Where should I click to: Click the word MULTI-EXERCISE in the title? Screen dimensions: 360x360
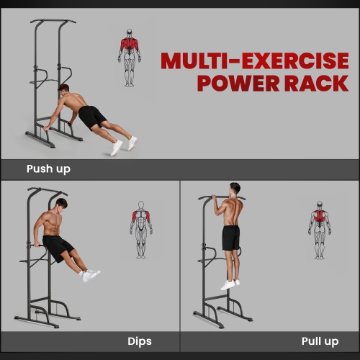[254, 60]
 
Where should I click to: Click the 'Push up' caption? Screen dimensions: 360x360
[48, 169]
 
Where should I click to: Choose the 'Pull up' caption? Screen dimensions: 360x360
[320, 341]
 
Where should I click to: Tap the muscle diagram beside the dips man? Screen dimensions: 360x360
[141, 229]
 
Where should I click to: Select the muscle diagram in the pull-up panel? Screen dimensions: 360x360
[320, 229]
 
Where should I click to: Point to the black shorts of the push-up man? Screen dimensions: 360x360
[93, 117]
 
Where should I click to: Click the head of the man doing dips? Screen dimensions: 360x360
[61, 206]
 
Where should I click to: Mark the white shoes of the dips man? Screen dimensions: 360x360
[90, 274]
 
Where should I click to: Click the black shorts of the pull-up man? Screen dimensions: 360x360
[230, 237]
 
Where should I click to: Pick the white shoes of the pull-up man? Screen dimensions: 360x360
[229, 284]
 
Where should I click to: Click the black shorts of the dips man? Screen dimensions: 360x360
[58, 248]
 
